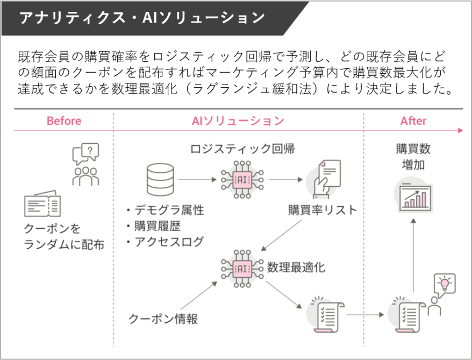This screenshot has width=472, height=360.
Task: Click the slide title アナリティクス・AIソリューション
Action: [142, 17]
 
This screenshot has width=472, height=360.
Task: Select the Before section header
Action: [64, 121]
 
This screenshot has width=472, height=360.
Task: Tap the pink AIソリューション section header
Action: [238, 121]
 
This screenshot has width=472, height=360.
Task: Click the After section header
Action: [413, 121]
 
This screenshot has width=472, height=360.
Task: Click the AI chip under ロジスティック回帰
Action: [242, 180]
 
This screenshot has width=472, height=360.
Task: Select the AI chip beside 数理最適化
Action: [242, 267]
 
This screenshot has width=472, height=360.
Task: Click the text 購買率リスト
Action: [322, 210]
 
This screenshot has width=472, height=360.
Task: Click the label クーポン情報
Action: [163, 319]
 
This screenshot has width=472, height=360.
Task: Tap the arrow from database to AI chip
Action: [197, 180]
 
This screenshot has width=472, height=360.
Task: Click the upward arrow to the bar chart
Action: [413, 256]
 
